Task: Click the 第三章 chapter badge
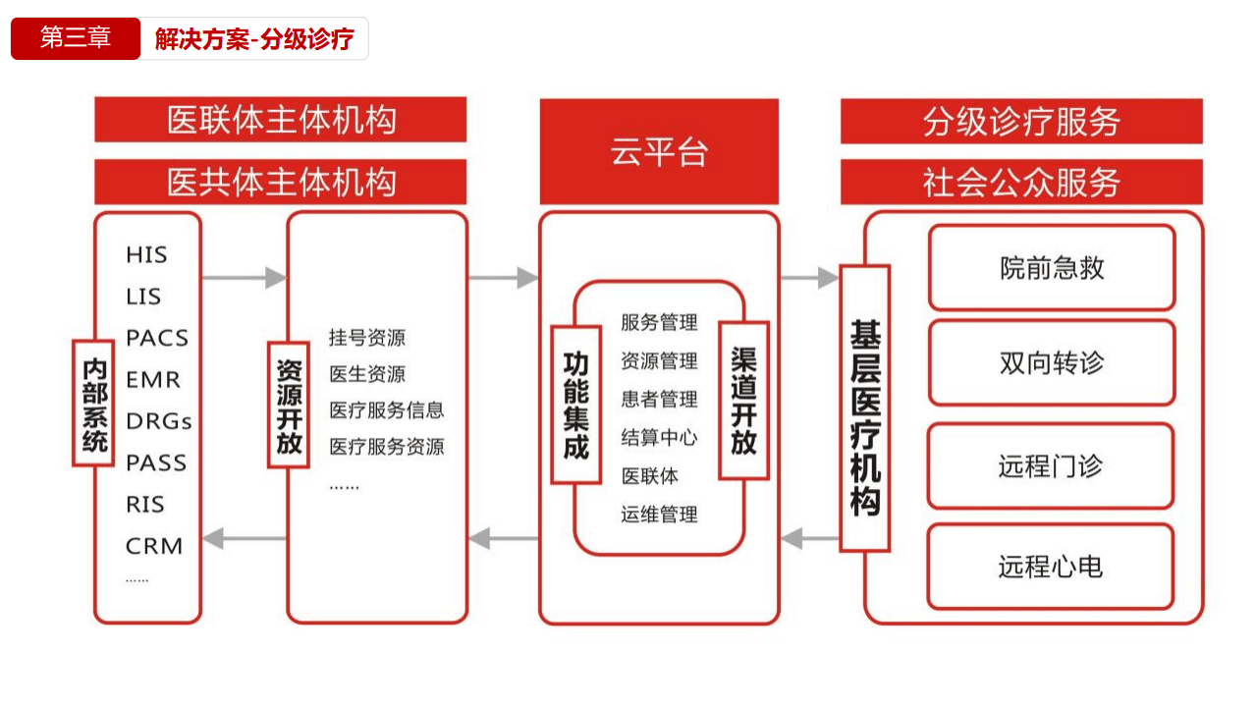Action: [76, 38]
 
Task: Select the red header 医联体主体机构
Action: [281, 120]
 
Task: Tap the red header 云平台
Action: [659, 151]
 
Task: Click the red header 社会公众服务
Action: [1021, 183]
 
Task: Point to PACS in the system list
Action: [157, 338]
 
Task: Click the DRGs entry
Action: [159, 421]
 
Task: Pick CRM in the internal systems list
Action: [154, 546]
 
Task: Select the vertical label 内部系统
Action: [94, 403]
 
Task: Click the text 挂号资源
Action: [366, 338]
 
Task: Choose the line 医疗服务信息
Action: [387, 410]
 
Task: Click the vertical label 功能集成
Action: [575, 405]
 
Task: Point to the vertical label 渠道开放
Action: [743, 401]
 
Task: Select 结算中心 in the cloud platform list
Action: [659, 437]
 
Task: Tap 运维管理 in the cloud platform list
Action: [659, 514]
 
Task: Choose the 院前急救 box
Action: [1052, 268]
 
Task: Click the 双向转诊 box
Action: [1052, 362]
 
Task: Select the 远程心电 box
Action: [1051, 567]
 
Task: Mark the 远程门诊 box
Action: [1051, 465]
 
